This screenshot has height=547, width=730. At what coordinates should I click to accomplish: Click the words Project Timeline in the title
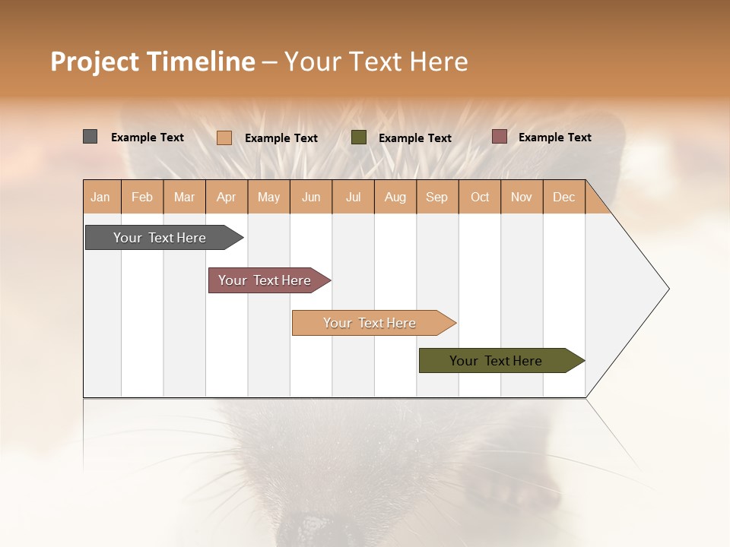tap(152, 62)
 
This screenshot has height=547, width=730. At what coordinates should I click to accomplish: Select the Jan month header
tap(100, 197)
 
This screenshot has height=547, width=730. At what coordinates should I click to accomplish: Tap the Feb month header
tap(142, 197)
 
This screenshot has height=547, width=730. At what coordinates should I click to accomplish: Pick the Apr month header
tap(226, 197)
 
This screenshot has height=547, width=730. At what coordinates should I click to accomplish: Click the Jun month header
tap(311, 197)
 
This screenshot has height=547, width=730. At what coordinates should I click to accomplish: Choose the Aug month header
tap(395, 197)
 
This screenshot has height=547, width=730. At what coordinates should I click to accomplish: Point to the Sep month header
tap(436, 197)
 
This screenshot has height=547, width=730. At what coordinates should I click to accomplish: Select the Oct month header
tap(480, 197)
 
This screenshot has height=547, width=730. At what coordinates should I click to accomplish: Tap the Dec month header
tap(563, 197)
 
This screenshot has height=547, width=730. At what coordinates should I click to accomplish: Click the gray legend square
tap(90, 137)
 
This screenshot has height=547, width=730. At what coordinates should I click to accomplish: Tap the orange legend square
tap(224, 138)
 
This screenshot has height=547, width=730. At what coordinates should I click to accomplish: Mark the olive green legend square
tap(359, 137)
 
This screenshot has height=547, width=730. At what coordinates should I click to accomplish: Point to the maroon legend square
tap(500, 137)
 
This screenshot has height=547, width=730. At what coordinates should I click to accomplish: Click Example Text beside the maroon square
tap(554, 138)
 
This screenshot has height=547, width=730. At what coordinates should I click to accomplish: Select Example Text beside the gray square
tap(147, 138)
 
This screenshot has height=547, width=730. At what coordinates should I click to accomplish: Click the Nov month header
tap(521, 197)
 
